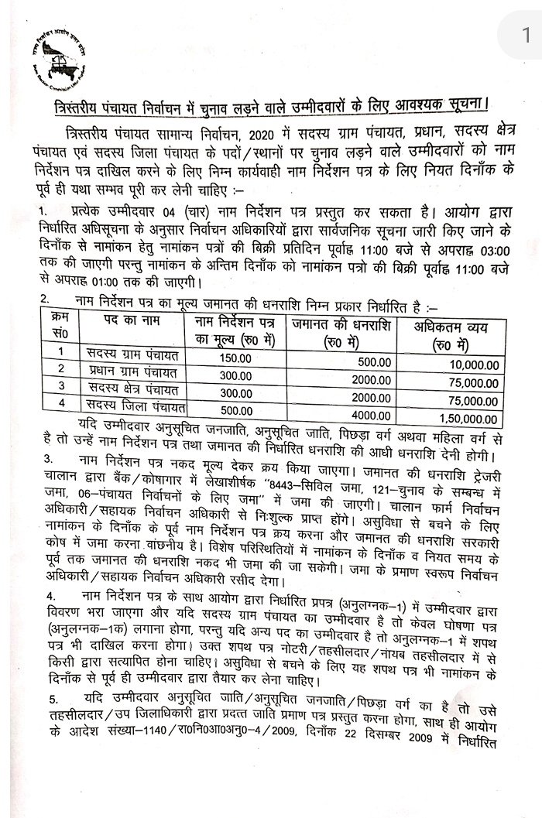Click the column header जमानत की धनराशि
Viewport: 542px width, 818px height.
point(338,324)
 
